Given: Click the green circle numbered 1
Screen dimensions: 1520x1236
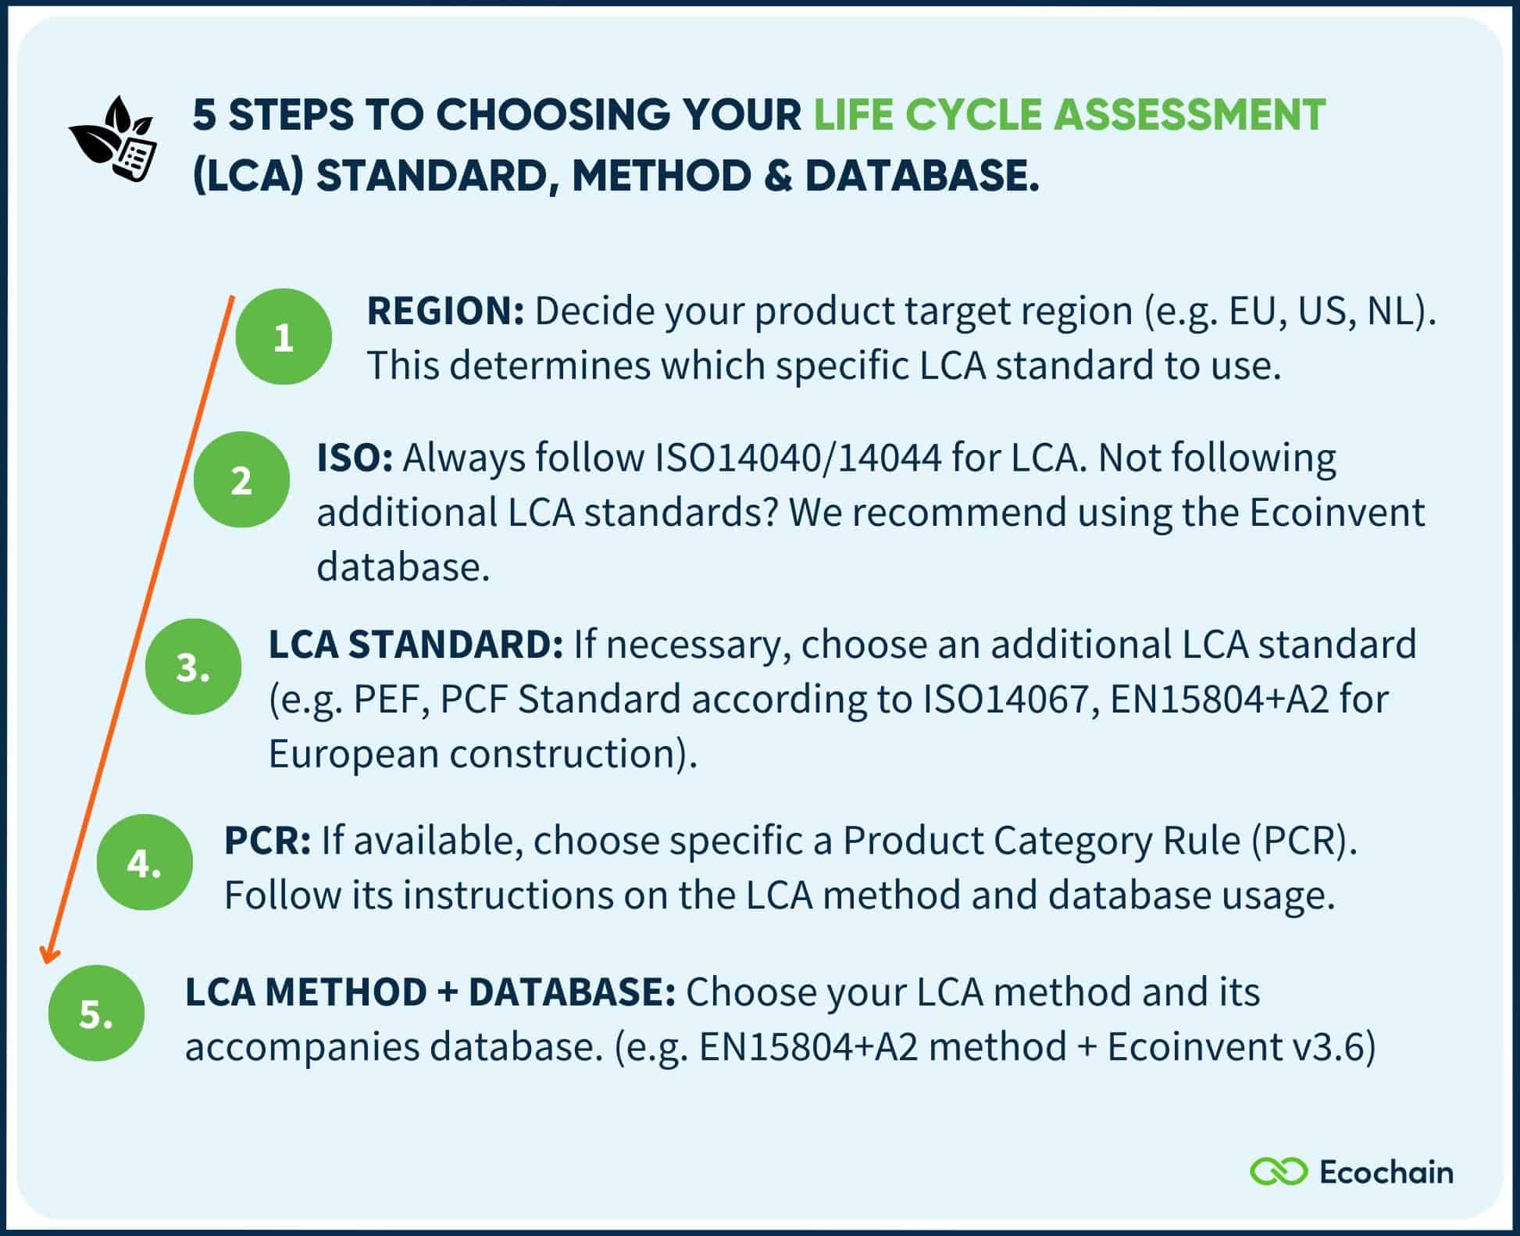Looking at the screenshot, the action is pos(284,337).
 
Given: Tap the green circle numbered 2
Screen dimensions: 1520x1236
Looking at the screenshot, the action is pos(241,480).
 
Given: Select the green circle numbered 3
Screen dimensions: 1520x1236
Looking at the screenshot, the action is pos(193,666).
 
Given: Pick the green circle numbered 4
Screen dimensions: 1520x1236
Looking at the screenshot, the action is pos(145,863).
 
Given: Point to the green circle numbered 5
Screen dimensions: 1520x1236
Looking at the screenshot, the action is pos(96,1013).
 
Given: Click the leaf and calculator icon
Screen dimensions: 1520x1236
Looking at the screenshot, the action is pos(114,139).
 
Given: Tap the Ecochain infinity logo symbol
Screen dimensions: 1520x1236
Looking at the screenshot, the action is pos(1279,1172).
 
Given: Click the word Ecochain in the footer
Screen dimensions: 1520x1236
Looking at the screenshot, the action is pos(1386,1172).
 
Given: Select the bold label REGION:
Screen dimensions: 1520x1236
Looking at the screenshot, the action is pos(445,311).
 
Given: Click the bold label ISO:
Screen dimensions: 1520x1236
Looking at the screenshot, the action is pos(355,458).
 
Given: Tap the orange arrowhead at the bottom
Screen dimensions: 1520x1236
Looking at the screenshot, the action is pos(49,955).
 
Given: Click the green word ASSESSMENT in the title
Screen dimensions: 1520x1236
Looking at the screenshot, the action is pos(1189,115).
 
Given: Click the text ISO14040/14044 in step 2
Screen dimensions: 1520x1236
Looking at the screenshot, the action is pos(798,458).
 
